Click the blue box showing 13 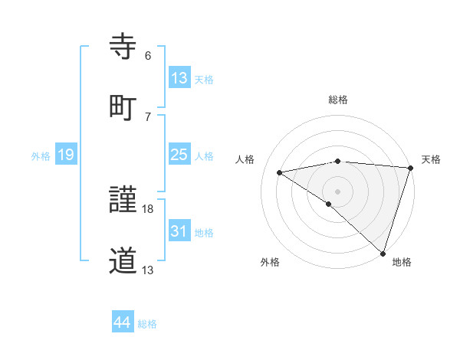point(179,77)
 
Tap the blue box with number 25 point(179,155)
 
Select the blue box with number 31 point(179,231)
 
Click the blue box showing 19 point(66,155)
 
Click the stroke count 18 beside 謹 point(149,208)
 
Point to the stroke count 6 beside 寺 point(148,55)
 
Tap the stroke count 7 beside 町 point(148,116)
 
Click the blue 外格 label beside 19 point(41,156)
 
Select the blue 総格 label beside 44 point(147,324)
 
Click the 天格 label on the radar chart point(431,159)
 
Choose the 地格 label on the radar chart point(402,262)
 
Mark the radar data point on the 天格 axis point(410,167)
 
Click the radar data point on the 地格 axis point(383,253)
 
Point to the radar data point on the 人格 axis point(280,172)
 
